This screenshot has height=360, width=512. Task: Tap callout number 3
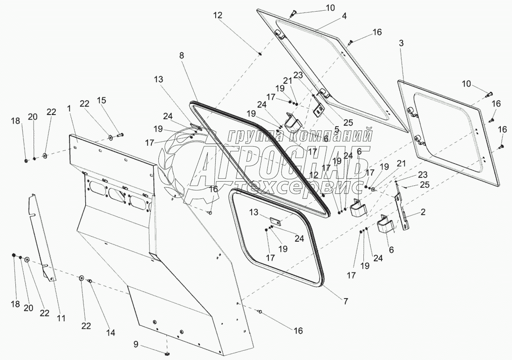click(401, 43)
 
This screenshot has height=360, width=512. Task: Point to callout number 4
click(344, 15)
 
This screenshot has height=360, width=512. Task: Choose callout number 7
click(346, 301)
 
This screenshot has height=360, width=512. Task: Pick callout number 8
click(182, 55)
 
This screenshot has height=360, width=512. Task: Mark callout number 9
click(136, 345)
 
